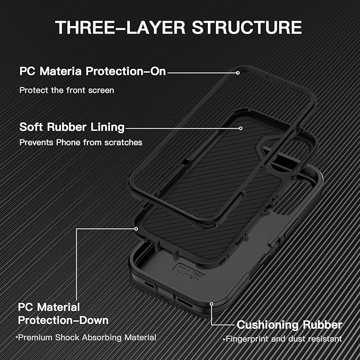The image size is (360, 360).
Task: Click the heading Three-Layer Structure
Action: (179, 28)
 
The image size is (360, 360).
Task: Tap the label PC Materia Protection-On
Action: (93, 71)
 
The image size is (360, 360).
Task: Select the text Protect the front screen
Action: (67, 90)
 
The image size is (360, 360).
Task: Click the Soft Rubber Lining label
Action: (72, 127)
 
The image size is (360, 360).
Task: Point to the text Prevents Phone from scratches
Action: (81, 142)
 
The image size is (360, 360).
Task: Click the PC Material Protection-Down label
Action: (63, 314)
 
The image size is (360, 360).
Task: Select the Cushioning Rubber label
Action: (289, 324)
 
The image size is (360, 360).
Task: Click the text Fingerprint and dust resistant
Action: (283, 339)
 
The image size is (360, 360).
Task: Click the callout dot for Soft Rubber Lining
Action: (241, 127)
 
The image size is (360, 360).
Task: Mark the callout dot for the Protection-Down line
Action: (137, 229)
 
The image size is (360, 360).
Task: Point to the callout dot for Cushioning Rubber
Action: (212, 304)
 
